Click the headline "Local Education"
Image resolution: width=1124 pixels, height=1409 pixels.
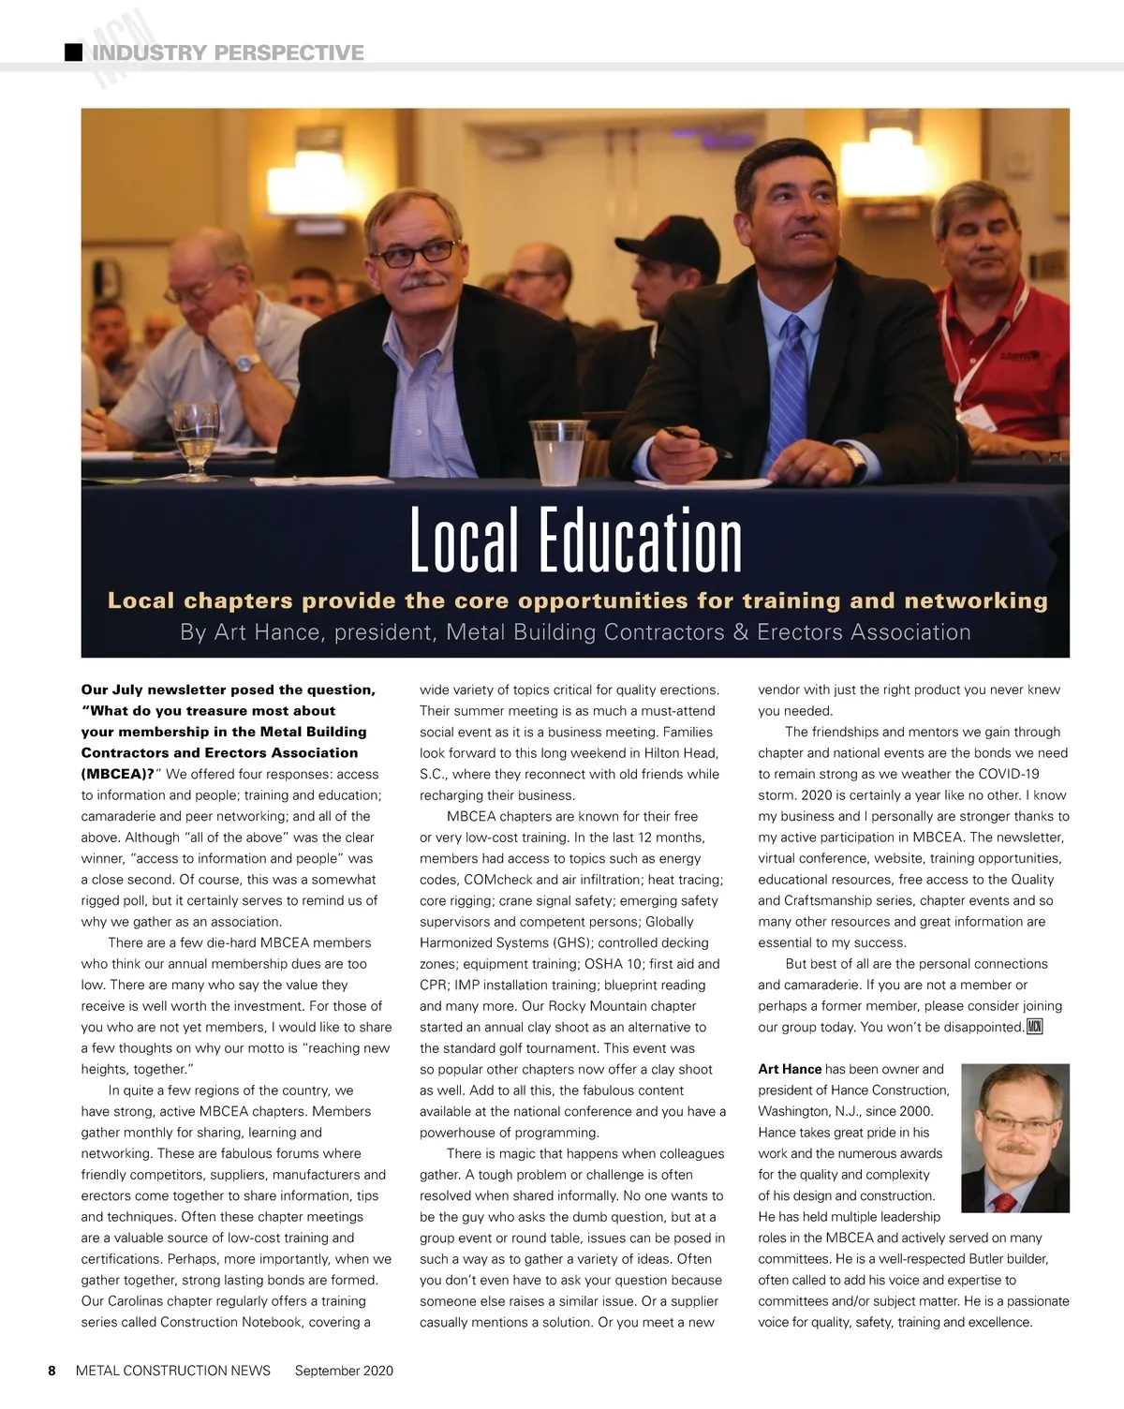575,541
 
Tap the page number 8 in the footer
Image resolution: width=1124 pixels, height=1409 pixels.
52,1371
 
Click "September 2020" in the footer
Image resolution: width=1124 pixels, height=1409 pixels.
344,1371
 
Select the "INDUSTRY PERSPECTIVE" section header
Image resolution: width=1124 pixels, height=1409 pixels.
228,52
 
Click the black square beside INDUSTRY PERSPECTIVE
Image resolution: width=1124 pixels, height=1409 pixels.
73,52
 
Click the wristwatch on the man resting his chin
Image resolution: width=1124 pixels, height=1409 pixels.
246,363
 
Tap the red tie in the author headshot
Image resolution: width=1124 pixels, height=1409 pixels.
1004,1202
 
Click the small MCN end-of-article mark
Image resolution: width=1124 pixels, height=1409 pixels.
1034,1027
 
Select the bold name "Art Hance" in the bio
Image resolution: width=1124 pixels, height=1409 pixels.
790,1069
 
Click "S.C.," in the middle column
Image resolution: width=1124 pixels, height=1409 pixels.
436,774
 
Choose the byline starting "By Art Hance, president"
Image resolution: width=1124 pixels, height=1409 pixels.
575,632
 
